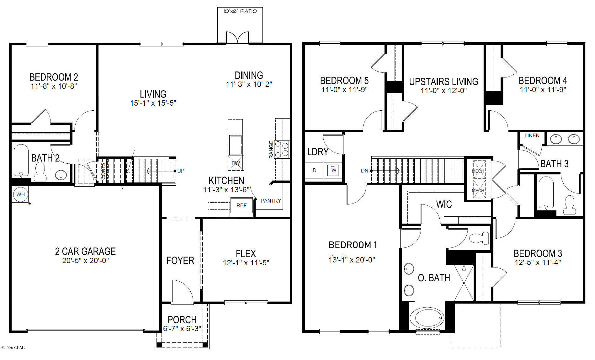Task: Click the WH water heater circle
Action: tap(20, 194)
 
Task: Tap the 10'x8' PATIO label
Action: tap(240, 11)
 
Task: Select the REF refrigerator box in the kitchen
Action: tap(242, 205)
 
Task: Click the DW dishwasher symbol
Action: tap(236, 163)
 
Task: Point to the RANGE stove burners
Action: tap(282, 149)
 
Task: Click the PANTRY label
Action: tap(271, 201)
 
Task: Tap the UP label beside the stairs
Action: tap(181, 171)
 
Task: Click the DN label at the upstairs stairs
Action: tap(364, 171)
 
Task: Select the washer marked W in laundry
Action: tap(333, 170)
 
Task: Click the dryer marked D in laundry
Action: tap(315, 170)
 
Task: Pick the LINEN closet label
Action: tap(532, 135)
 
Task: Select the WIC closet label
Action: tap(444, 204)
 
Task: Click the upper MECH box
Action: tap(478, 171)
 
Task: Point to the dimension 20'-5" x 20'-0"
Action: tap(85, 261)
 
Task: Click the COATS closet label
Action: tap(104, 171)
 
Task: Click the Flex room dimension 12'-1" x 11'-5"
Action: tap(246, 263)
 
